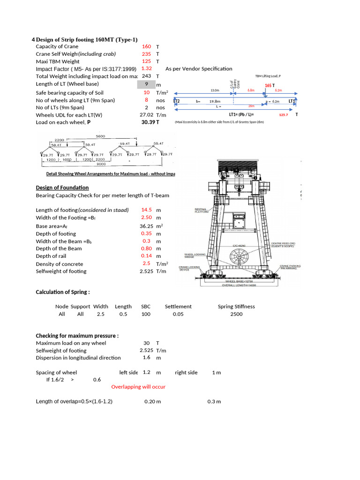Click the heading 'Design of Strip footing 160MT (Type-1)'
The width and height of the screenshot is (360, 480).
pos(87,40)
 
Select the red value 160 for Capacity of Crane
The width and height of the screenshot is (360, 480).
pos(146,46)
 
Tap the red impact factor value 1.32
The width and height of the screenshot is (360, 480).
pos(146,68)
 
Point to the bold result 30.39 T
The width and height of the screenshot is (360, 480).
pos(150,122)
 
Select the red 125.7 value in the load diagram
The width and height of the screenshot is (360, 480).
pos(284,115)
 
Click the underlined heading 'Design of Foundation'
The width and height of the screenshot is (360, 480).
pos(62,188)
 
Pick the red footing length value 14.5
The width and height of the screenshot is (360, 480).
pos(146,210)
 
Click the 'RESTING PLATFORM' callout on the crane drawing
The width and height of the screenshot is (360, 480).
pos(203,210)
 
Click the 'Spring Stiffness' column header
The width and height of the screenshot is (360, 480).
pos(236,307)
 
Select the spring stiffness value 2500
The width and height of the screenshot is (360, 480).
pos(236,314)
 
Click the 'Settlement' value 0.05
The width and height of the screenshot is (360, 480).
pos(178,314)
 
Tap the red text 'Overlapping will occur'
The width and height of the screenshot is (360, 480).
pos(138,387)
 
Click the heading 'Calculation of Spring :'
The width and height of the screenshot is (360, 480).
pos(62,292)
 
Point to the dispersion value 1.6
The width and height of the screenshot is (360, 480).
pos(146,358)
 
